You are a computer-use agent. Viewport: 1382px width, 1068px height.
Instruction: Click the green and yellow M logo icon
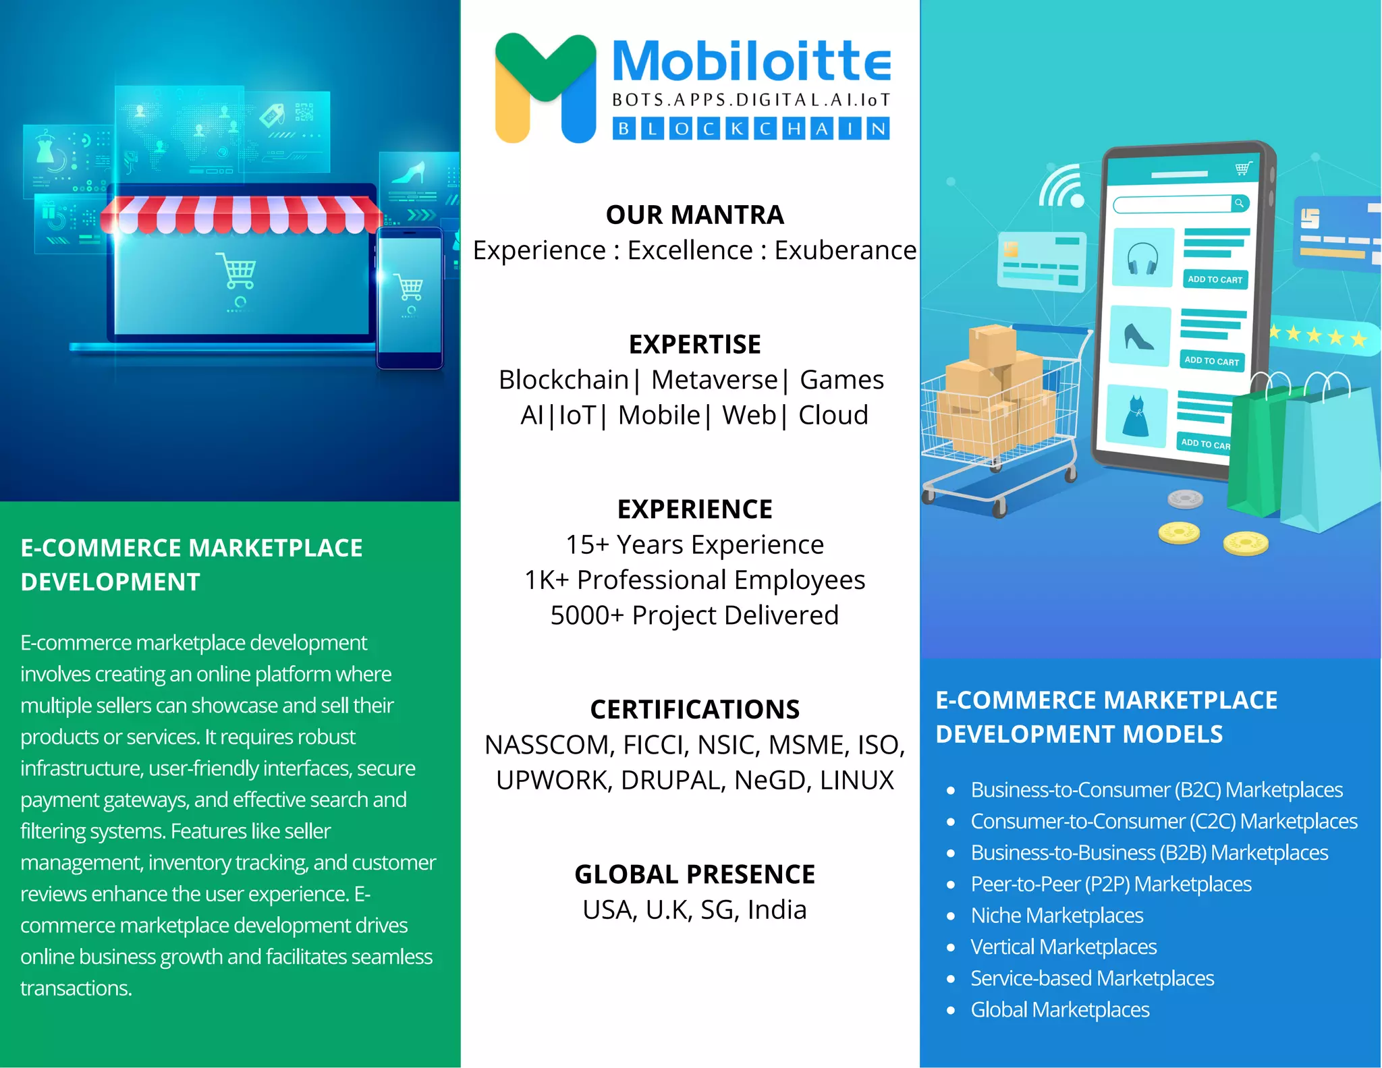(545, 88)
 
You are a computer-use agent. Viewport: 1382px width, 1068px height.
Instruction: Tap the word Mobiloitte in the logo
(751, 61)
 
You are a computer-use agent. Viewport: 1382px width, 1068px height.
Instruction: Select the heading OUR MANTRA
(694, 215)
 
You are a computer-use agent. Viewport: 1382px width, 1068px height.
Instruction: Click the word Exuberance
(845, 250)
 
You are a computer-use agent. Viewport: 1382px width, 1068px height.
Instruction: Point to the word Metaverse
(714, 380)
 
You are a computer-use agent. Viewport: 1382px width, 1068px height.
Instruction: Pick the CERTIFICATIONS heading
(694, 710)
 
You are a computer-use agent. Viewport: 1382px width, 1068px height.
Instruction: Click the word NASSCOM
(548, 745)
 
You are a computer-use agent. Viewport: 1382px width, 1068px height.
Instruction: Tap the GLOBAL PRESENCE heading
(694, 874)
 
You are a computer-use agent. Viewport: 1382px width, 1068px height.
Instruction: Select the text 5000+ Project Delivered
(694, 615)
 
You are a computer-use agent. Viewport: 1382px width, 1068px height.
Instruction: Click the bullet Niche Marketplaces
(1057, 916)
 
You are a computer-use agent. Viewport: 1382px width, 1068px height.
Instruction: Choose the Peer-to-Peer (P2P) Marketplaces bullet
(1111, 884)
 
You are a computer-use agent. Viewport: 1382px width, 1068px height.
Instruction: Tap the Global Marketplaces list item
(1059, 1010)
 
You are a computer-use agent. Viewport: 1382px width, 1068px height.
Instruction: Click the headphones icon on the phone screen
(1142, 258)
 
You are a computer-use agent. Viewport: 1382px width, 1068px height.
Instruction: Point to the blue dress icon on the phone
(1136, 416)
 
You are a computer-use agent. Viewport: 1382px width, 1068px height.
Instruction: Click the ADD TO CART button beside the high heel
(1211, 361)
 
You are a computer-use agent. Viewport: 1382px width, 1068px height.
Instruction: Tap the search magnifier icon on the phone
(1239, 203)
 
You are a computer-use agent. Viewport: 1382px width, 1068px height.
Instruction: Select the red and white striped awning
(241, 215)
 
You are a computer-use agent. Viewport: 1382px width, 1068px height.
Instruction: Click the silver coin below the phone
(1185, 499)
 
